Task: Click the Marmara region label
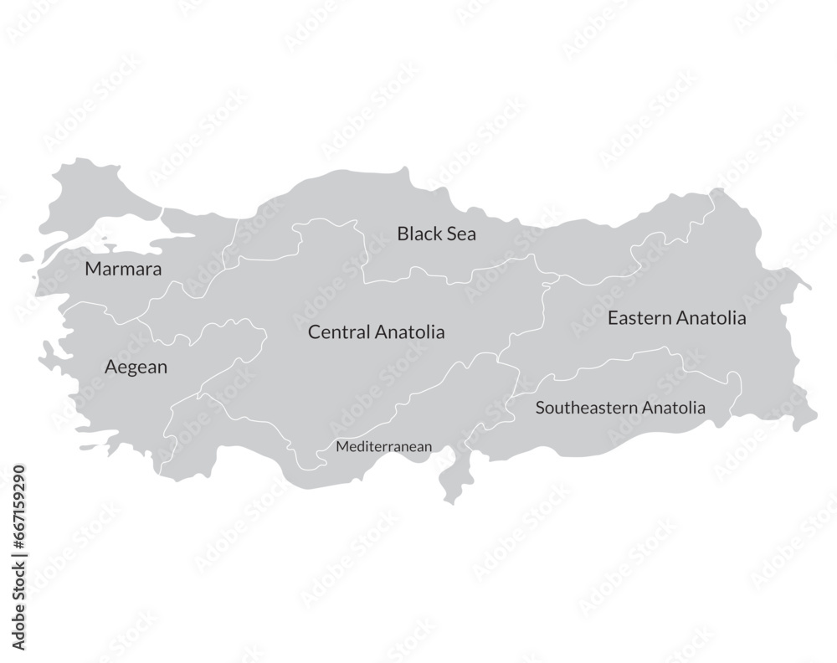[124, 270]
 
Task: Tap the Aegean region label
[136, 367]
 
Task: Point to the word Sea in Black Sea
[461, 234]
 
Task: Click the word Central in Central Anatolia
[338, 332]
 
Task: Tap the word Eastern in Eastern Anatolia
[639, 318]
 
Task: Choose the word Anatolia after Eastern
[711, 318]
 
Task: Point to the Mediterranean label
[384, 447]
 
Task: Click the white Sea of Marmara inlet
[117, 237]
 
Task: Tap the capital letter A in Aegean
[110, 367]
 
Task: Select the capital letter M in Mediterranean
[341, 447]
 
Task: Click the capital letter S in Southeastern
[540, 409]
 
